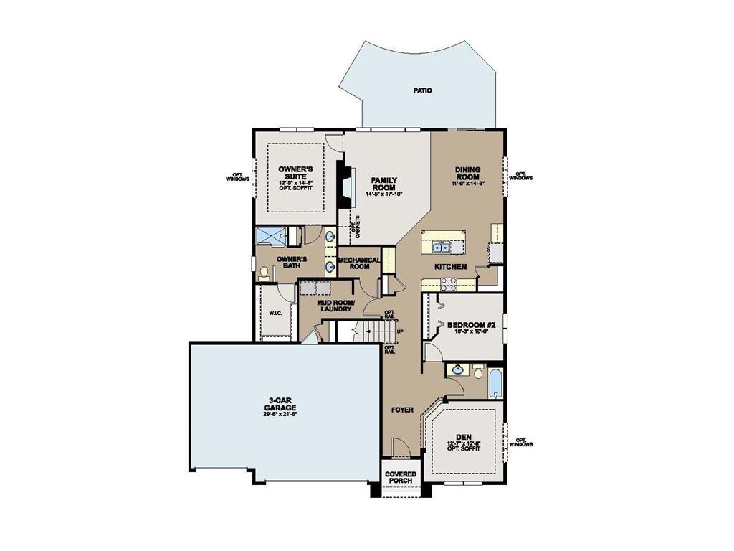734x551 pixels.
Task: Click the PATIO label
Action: click(x=423, y=91)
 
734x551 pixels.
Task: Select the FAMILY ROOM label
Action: click(x=384, y=184)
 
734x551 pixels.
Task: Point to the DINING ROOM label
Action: click(x=467, y=174)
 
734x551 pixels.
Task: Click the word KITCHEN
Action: click(x=451, y=267)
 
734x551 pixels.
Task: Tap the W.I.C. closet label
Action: click(x=276, y=313)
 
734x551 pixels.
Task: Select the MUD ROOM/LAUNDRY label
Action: click(x=335, y=306)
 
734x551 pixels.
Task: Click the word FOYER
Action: click(x=402, y=410)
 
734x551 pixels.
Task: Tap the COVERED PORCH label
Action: click(x=401, y=478)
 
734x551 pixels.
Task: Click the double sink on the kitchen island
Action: click(x=443, y=248)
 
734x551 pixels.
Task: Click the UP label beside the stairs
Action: click(x=400, y=331)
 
